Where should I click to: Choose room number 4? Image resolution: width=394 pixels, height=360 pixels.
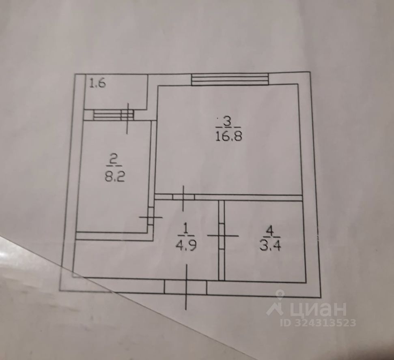click(x=270, y=230)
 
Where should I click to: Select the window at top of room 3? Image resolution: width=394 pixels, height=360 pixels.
click(x=230, y=79)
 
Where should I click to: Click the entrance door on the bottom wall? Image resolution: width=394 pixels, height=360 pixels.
click(x=185, y=287)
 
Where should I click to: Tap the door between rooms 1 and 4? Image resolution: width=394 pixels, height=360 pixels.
click(x=222, y=236)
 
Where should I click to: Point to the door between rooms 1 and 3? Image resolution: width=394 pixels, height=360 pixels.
click(x=183, y=197)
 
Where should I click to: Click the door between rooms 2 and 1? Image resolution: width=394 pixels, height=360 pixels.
click(x=151, y=217)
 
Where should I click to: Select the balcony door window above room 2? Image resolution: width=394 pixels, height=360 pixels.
click(x=113, y=115)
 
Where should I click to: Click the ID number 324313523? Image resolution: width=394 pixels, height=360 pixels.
click(x=318, y=323)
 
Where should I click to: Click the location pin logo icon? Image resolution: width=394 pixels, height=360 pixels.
click(x=276, y=304)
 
